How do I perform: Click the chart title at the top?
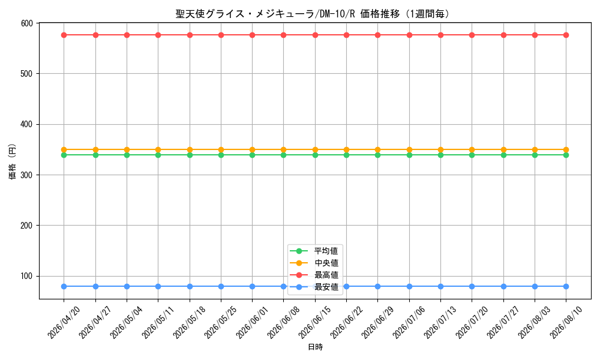[313, 14]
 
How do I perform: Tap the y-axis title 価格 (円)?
[13, 161]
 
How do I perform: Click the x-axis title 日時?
[316, 347]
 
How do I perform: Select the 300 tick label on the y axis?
[27, 175]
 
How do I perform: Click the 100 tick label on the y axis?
[27, 276]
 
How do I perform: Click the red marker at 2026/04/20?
[64, 35]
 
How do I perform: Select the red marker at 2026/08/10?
[566, 35]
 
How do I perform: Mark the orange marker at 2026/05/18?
[190, 149]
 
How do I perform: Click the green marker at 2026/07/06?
[409, 155]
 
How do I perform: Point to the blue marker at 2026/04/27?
[95, 286]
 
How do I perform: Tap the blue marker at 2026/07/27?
[503, 286]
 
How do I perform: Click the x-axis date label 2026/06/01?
[252, 323]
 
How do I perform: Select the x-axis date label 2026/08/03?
[535, 323]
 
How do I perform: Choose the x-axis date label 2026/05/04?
[126, 323]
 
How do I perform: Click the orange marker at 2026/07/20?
[472, 149]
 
